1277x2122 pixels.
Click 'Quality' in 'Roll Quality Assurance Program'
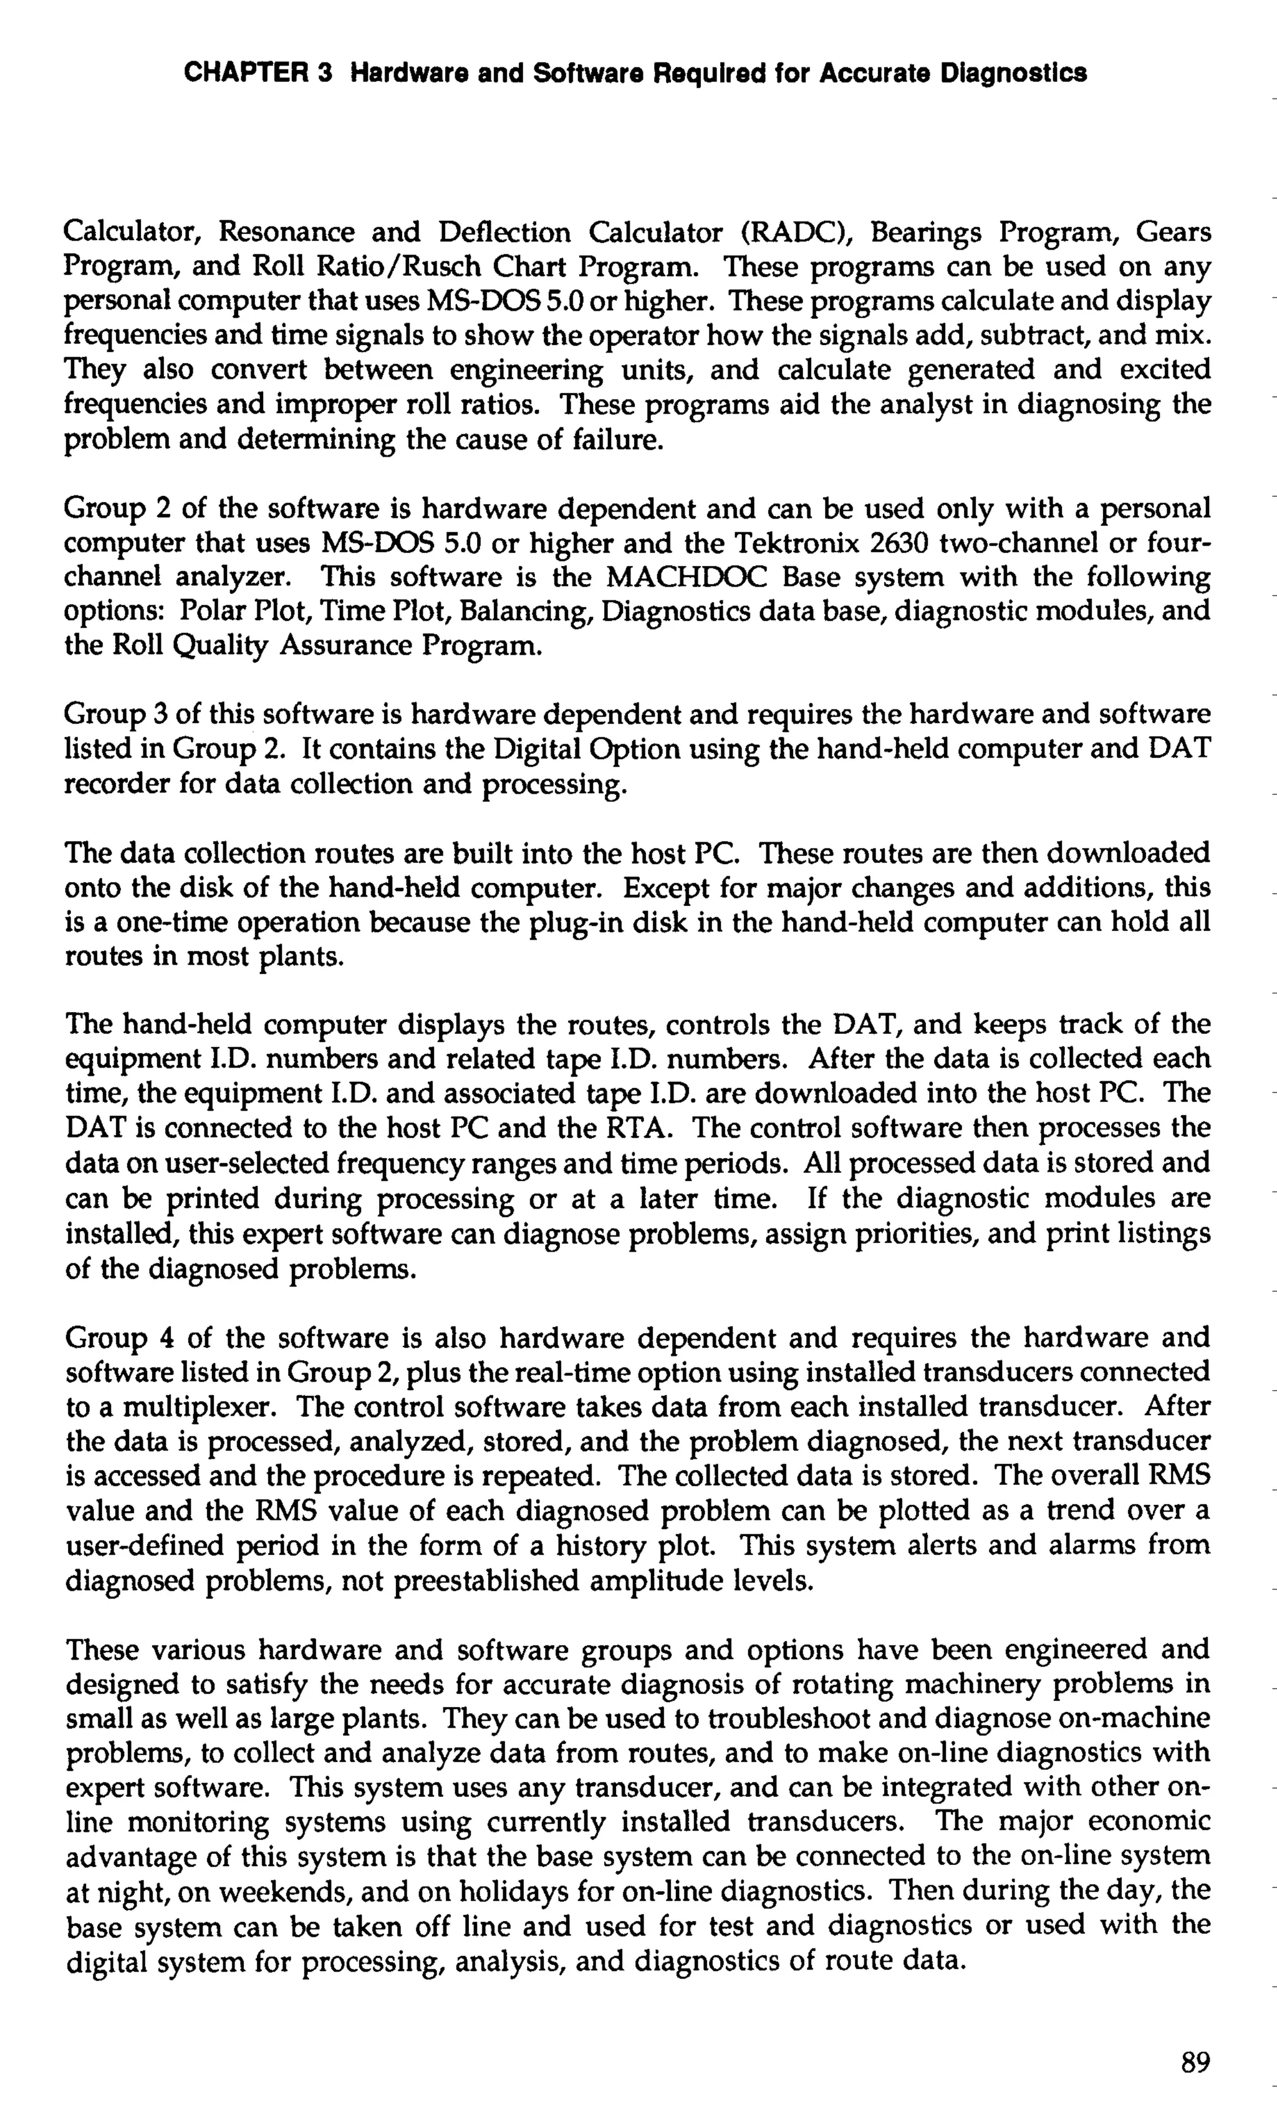point(218,646)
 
